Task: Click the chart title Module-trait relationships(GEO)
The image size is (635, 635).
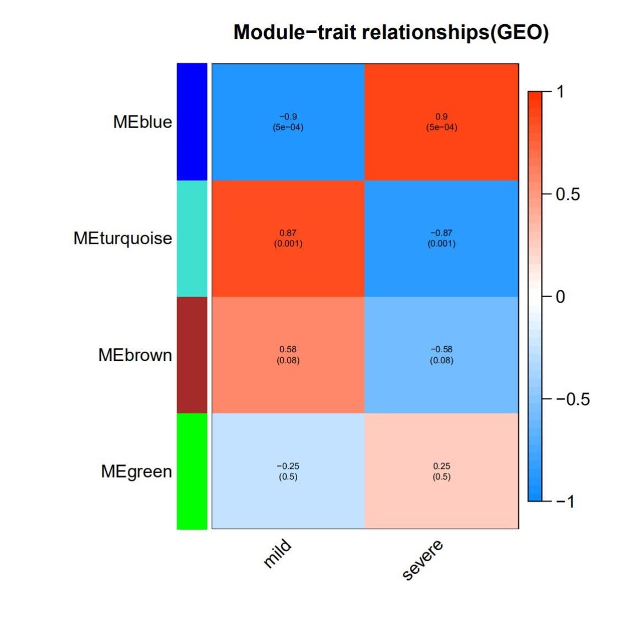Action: click(391, 32)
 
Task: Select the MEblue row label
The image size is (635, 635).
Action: click(143, 122)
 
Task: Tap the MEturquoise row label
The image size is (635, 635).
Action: click(123, 238)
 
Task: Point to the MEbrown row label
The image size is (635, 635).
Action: click(135, 355)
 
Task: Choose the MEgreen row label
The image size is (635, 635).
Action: click(136, 472)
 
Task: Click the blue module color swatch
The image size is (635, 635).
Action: click(192, 122)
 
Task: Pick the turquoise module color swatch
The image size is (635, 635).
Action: click(192, 238)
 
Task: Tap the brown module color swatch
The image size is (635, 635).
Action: click(192, 355)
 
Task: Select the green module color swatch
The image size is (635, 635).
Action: click(192, 472)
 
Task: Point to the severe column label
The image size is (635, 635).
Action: click(423, 560)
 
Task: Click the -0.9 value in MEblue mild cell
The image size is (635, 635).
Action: click(288, 117)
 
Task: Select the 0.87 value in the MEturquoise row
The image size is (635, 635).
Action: click(288, 233)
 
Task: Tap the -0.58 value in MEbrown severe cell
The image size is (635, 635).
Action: click(441, 349)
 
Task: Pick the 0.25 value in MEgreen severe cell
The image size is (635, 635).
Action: click(441, 466)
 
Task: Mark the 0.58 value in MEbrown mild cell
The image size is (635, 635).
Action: click(288, 349)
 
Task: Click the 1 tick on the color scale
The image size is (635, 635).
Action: click(560, 91)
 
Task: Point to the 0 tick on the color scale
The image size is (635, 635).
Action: click(560, 297)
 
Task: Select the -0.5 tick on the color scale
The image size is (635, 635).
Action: click(572, 399)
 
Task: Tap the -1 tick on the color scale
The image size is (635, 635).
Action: click(565, 501)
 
